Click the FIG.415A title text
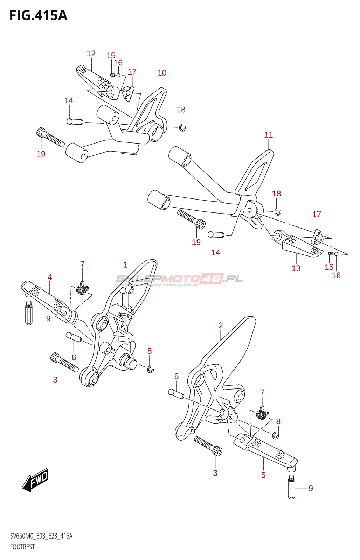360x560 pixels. [x=38, y=16]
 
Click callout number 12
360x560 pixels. [x=91, y=54]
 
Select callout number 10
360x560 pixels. [x=162, y=73]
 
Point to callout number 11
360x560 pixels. [x=268, y=135]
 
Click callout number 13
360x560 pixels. [x=296, y=268]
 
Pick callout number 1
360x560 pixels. [x=125, y=265]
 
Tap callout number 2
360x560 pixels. [x=221, y=325]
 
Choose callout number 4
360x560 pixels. [x=50, y=277]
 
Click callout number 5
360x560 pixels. [x=263, y=475]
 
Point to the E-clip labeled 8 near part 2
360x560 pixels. [x=276, y=435]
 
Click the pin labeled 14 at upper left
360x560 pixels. [x=75, y=122]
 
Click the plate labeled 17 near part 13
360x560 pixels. [x=317, y=238]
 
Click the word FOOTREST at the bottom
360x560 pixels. [x=22, y=547]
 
